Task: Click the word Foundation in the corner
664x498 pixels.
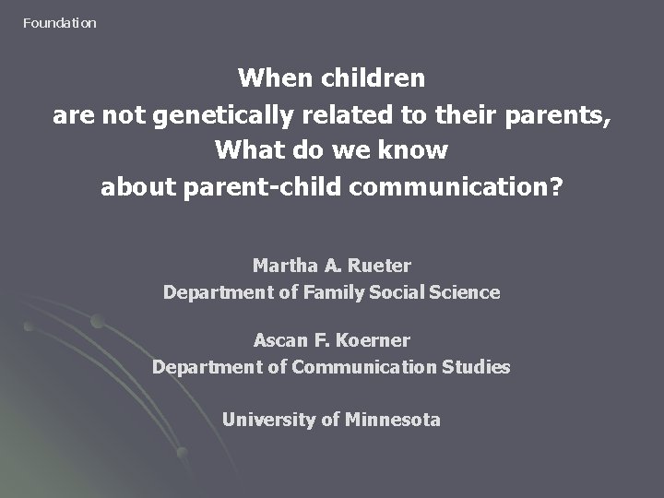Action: (x=59, y=23)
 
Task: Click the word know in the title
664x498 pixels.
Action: (x=416, y=150)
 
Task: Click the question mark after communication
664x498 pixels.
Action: (x=556, y=187)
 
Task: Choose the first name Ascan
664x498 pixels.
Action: (x=281, y=340)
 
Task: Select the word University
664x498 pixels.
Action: (x=268, y=420)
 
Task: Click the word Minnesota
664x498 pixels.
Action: (x=393, y=420)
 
